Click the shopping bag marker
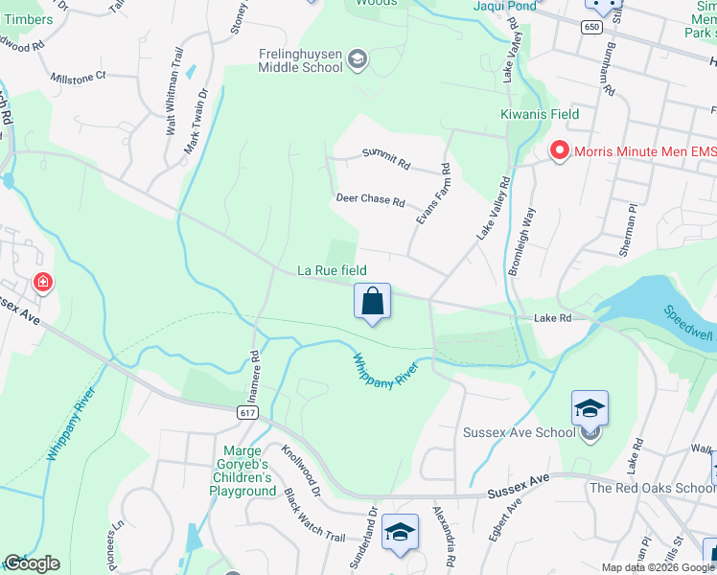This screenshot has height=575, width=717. click(x=372, y=302)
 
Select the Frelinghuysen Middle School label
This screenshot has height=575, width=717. click(x=300, y=60)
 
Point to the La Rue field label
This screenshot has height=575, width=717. click(x=332, y=271)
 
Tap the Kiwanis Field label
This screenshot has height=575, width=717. click(x=540, y=114)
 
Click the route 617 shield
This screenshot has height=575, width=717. click(x=247, y=411)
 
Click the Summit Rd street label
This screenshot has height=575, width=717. click(x=385, y=158)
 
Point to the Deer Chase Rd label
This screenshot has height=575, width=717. click(x=371, y=200)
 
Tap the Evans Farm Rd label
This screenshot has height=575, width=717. click(x=433, y=195)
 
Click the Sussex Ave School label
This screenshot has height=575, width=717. click(x=519, y=432)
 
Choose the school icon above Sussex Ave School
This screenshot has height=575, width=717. click(x=590, y=408)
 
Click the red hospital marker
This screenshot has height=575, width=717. click(x=42, y=283)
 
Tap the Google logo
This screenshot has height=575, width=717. click(x=31, y=563)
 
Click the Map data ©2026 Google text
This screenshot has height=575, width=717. click(x=657, y=567)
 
